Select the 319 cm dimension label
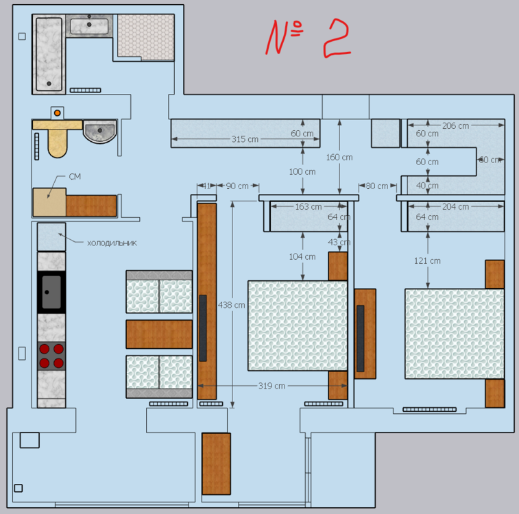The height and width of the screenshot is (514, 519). click(271, 386)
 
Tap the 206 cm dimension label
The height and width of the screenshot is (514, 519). click(455, 125)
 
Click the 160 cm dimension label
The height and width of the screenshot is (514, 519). click(339, 157)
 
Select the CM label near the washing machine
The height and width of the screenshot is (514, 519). click(75, 177)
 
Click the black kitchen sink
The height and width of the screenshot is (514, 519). click(51, 291)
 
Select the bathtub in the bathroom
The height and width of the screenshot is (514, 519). click(49, 55)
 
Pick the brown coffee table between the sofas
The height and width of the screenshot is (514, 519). click(158, 334)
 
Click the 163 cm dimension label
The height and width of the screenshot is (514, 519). click(308, 206)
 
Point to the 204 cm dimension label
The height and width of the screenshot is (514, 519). click(455, 206)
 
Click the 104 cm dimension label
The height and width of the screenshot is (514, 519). click(302, 257)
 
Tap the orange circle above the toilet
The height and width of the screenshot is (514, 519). click(58, 112)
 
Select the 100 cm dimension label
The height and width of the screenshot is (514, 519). click(302, 171)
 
